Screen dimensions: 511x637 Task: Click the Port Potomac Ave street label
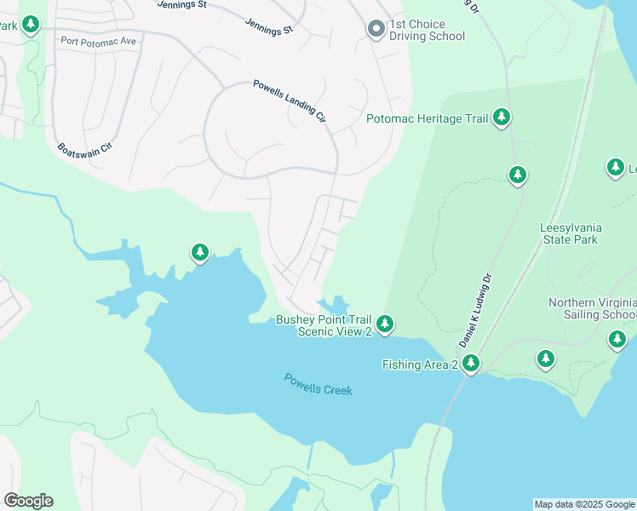click(x=98, y=40)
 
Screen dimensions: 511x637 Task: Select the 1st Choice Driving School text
click(x=427, y=30)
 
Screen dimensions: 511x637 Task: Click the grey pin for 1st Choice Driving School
click(x=376, y=29)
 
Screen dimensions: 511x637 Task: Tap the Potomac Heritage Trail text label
click(x=427, y=118)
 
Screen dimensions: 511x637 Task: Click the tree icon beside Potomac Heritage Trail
click(x=502, y=118)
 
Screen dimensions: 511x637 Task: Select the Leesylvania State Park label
click(x=569, y=233)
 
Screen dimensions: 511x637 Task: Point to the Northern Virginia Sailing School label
click(x=593, y=308)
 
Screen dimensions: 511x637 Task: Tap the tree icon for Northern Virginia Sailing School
click(x=617, y=339)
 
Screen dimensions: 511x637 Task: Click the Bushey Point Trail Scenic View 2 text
click(x=324, y=325)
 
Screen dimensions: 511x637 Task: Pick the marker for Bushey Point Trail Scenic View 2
click(x=385, y=324)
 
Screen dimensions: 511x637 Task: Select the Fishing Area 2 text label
click(x=419, y=365)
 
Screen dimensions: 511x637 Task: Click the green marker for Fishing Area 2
click(x=469, y=364)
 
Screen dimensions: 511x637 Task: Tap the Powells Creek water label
click(x=318, y=384)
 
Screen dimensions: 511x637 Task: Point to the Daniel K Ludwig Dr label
click(x=476, y=309)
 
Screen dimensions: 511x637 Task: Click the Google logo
click(x=28, y=500)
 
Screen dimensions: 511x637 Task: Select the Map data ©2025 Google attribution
click(x=584, y=504)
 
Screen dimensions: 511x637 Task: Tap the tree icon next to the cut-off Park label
click(x=31, y=25)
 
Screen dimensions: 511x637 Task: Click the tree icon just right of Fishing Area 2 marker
click(x=545, y=359)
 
